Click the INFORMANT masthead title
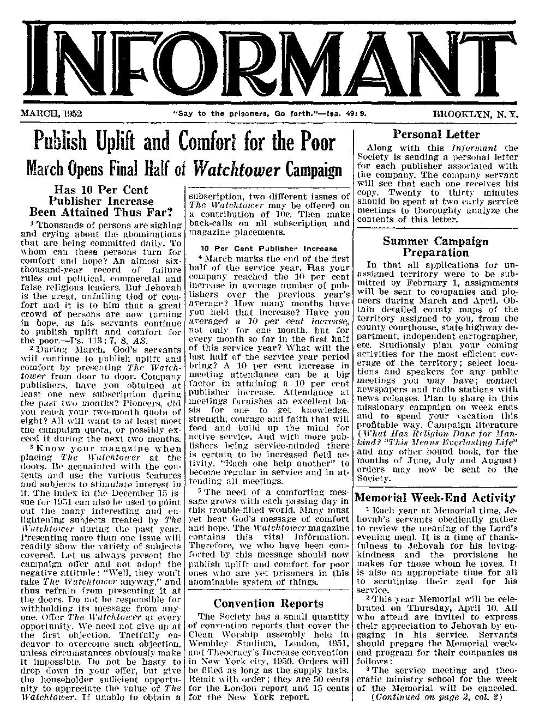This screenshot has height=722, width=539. (269, 60)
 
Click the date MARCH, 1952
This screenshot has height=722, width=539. (51, 114)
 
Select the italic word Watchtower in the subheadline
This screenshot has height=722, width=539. (232, 169)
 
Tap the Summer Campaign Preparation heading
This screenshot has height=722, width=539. (435, 246)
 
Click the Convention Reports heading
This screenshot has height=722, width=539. (268, 603)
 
